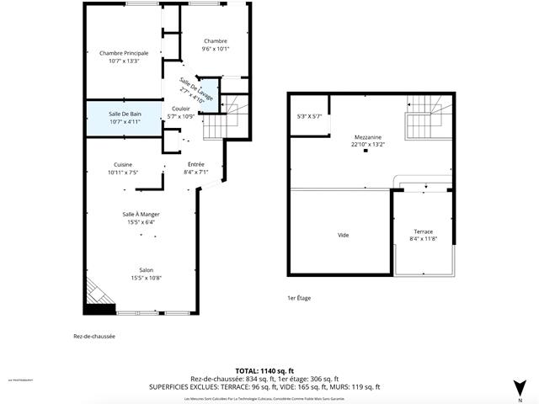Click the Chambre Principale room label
click(x=124, y=53)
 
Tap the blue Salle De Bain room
click(x=124, y=118)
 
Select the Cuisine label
click(x=123, y=164)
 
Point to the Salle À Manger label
click(x=141, y=215)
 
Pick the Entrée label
click(x=196, y=164)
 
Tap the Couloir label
click(x=181, y=109)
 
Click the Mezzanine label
click(x=368, y=137)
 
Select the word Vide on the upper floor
click(x=343, y=235)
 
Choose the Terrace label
click(x=423, y=231)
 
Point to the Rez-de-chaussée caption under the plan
click(x=94, y=337)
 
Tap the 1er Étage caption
click(x=299, y=298)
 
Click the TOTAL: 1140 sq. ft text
click(x=264, y=370)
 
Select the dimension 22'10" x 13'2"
click(x=368, y=145)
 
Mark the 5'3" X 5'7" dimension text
click(x=309, y=116)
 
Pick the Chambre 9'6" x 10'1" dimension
click(x=215, y=49)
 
